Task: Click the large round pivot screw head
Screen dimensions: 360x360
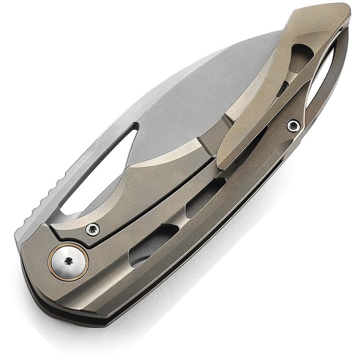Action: click(x=68, y=262)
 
